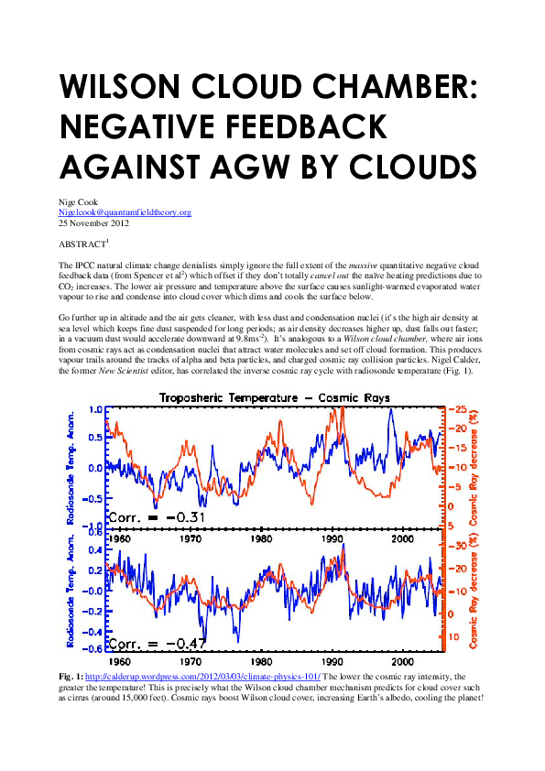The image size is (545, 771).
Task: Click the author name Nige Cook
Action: coord(76,202)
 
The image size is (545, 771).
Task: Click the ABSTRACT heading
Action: coord(82,244)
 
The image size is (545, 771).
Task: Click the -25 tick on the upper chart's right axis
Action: coord(454,409)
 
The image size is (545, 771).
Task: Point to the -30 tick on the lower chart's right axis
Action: coord(454,546)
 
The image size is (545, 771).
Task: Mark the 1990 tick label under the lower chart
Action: coord(332,660)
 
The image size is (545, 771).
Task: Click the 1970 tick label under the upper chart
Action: coord(190,538)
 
